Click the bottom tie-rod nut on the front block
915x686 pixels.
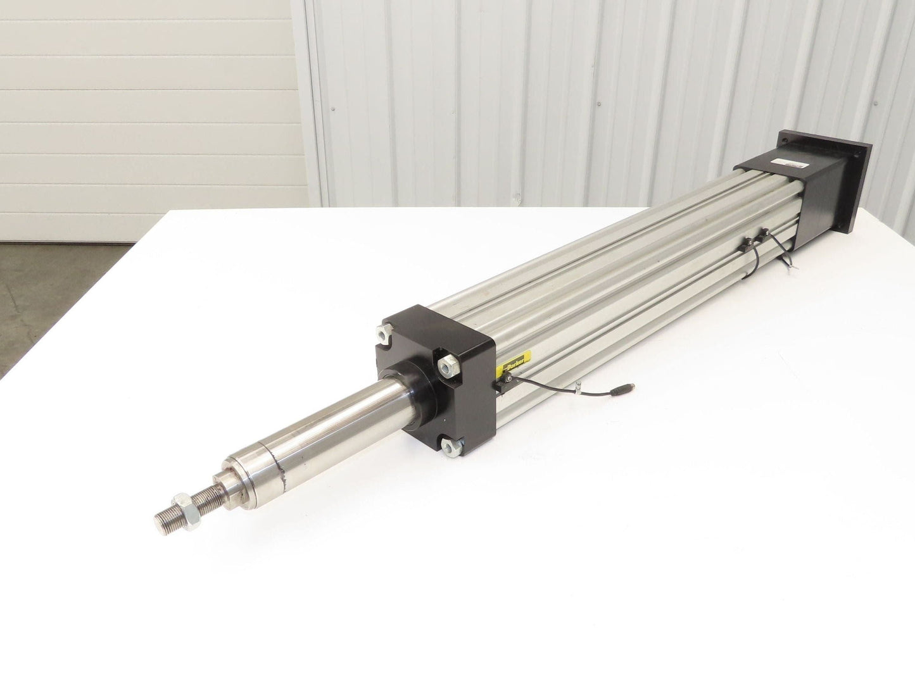click(x=451, y=447)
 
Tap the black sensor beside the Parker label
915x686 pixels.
click(x=504, y=382)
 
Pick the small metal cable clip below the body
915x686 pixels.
click(x=579, y=385)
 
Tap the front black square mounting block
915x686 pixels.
click(x=437, y=373)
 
